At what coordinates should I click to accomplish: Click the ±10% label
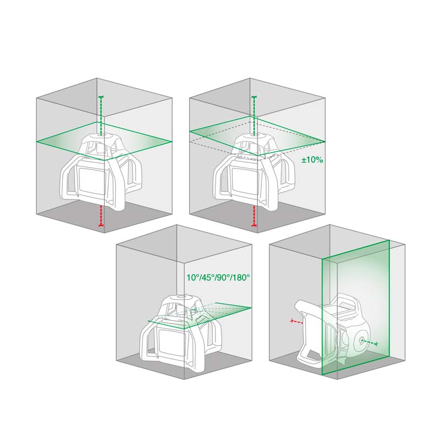click(312, 160)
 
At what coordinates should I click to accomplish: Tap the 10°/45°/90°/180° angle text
click(218, 278)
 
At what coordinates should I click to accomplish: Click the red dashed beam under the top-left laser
click(101, 216)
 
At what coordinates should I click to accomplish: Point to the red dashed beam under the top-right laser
click(254, 216)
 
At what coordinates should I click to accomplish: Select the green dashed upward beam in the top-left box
click(101, 115)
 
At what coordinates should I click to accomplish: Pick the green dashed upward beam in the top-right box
click(254, 115)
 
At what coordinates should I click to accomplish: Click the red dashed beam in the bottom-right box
click(296, 321)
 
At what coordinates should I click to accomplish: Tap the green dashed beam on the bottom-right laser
click(369, 342)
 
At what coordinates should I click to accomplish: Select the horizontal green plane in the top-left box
click(104, 141)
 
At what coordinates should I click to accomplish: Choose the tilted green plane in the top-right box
click(257, 136)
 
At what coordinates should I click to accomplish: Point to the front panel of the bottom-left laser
click(171, 341)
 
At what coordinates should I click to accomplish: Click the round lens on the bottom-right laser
click(361, 341)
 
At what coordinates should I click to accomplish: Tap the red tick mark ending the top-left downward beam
click(101, 225)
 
